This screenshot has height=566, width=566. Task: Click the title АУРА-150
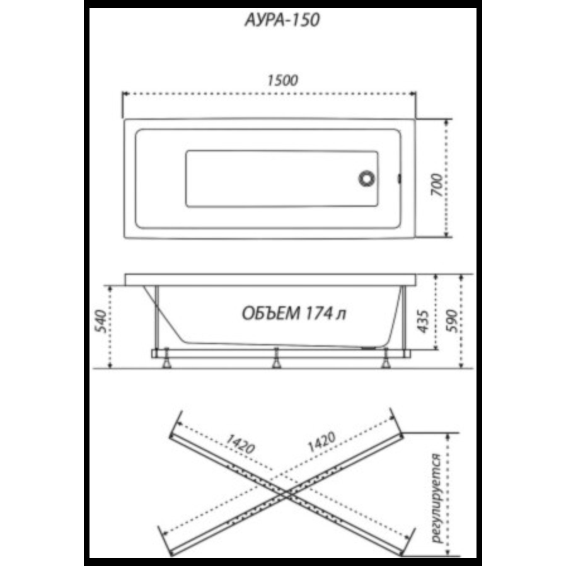point(282,20)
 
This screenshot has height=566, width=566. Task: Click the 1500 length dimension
point(282,80)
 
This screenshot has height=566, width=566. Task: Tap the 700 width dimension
point(437,185)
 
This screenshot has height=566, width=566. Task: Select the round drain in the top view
point(366,178)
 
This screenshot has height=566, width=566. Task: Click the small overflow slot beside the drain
point(399,178)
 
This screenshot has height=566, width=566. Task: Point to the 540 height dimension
point(101,321)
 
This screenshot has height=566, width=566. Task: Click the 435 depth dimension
point(422,321)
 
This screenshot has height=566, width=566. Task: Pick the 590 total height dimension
point(451,321)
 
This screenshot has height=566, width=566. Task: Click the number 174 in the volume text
point(319,313)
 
